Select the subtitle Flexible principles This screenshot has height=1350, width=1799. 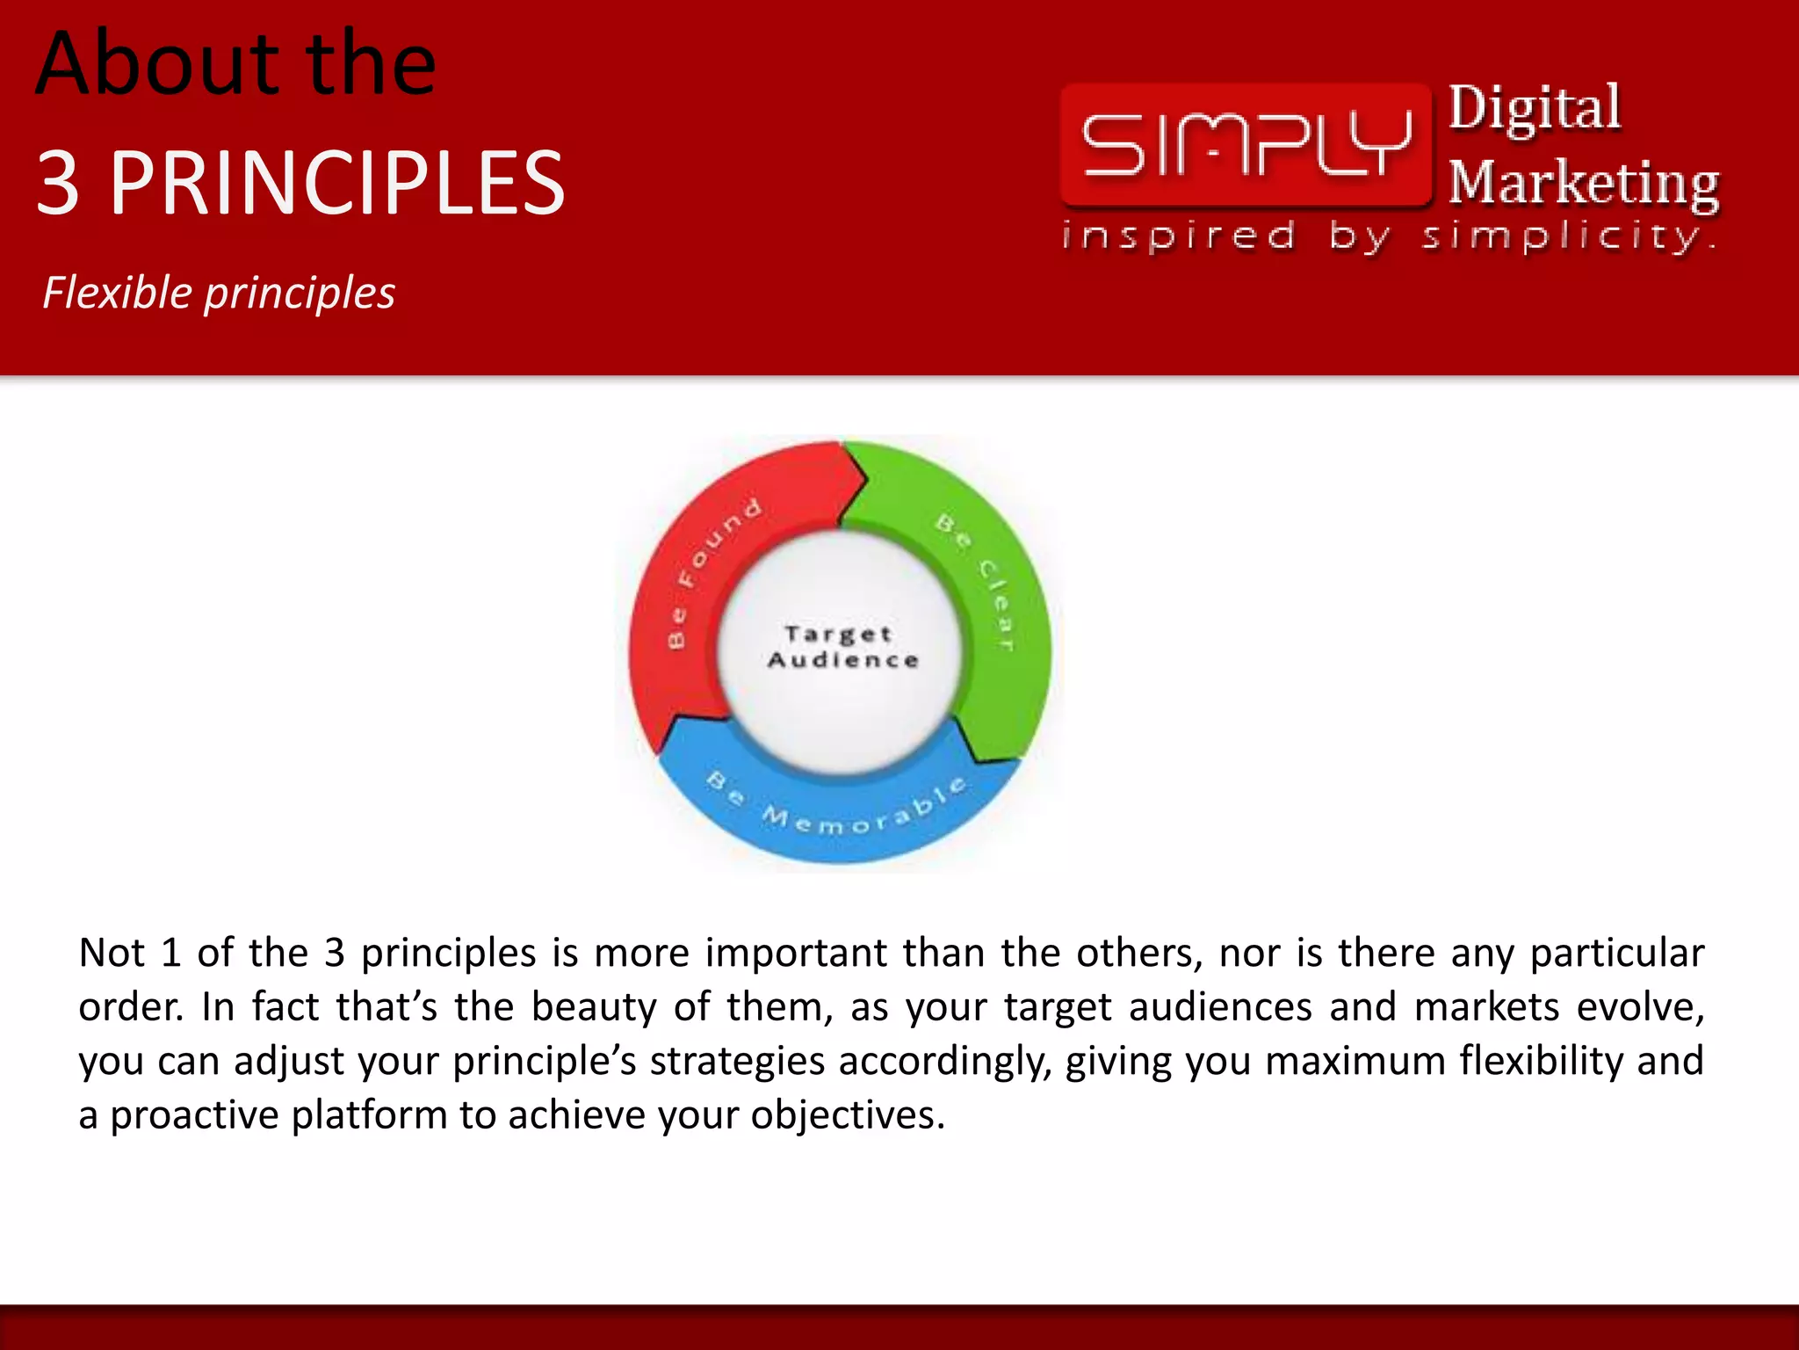coord(219,293)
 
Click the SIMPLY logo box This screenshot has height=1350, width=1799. coord(1246,145)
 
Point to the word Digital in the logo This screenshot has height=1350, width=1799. coord(1534,108)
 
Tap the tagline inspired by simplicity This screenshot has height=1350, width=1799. coord(1388,236)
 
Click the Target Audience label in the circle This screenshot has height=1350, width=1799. coord(842,647)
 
